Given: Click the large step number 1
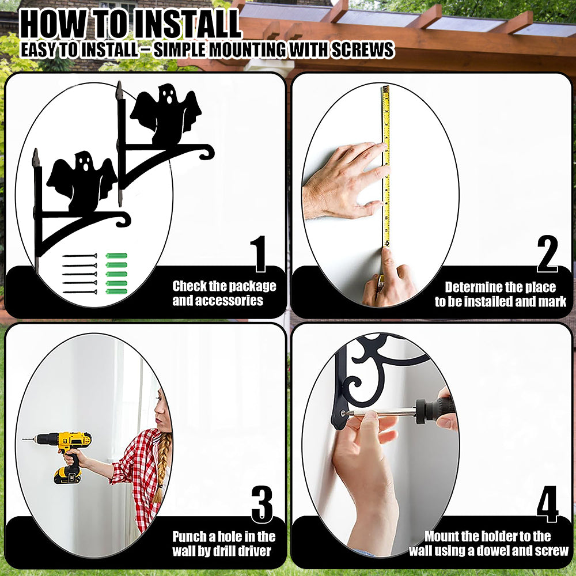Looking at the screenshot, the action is pos(260,253).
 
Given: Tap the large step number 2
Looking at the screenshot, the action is pos(547,253).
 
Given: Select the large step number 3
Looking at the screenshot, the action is pos(262,504).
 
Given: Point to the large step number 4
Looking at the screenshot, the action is pos(547,504).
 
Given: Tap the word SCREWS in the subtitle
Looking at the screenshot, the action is pos(362,50).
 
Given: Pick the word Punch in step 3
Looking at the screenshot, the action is pos(190,537).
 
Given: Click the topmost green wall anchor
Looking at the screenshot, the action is pos(116,256).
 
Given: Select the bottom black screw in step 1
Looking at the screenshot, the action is pos(80,292).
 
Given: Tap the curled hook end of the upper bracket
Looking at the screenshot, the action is pos(207,152).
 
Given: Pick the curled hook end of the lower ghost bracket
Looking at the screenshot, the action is pos(123,219).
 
